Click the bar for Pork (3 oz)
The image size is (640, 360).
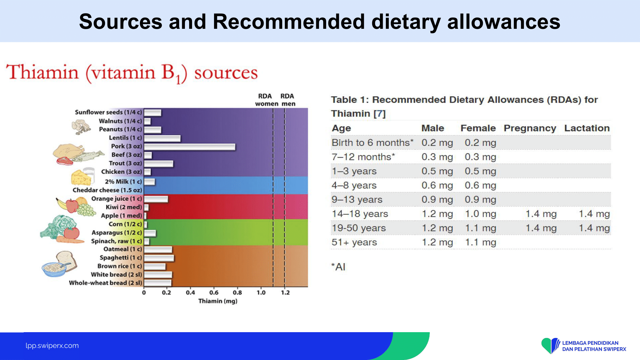[x=189, y=147]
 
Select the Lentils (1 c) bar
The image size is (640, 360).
[x=162, y=138]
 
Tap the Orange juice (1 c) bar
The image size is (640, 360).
[x=156, y=199]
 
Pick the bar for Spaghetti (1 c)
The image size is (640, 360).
[x=159, y=258]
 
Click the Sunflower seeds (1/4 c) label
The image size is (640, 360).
[x=108, y=112]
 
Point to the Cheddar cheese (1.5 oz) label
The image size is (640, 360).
[x=107, y=190]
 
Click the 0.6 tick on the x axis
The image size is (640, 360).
[x=214, y=292]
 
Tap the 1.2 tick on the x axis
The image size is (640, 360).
[x=285, y=292]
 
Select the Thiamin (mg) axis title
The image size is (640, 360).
[x=218, y=301]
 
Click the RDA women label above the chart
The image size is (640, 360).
[x=266, y=100]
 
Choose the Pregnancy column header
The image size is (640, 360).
[x=530, y=128]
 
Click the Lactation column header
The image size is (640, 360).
[x=587, y=128]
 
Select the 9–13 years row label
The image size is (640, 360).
[x=357, y=200]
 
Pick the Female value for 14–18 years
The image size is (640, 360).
[x=480, y=214]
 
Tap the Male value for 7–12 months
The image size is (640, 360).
[x=437, y=157]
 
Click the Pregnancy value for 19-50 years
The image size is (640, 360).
[x=541, y=228]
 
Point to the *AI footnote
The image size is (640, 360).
[x=338, y=267]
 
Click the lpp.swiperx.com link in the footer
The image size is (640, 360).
[x=52, y=346]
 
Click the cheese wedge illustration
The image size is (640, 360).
[x=81, y=178]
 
